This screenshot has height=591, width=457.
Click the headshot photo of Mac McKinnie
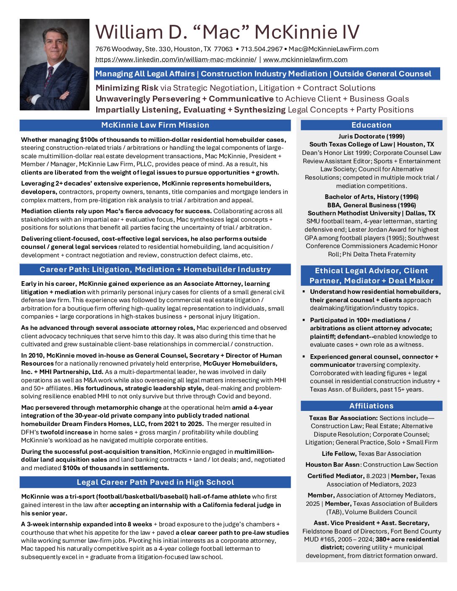[55, 64]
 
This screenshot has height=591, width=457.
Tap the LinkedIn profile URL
[176, 60]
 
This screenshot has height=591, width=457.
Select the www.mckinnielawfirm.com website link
[305, 60]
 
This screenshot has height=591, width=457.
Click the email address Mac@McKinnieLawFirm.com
[334, 49]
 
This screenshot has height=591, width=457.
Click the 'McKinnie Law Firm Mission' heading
[155, 125]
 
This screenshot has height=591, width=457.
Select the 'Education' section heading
[371, 125]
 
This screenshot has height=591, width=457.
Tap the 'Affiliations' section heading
[371, 406]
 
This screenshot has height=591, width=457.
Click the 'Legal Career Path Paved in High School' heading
[155, 482]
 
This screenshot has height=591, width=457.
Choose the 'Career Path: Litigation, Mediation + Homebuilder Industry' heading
[155, 269]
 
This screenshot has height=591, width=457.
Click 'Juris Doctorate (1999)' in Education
[371, 136]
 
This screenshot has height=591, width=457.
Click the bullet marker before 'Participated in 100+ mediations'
[304, 320]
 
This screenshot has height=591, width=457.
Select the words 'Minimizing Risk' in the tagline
[127, 88]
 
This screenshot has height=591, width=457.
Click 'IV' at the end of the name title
[351, 32]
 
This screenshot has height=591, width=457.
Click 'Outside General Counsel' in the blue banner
[382, 74]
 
